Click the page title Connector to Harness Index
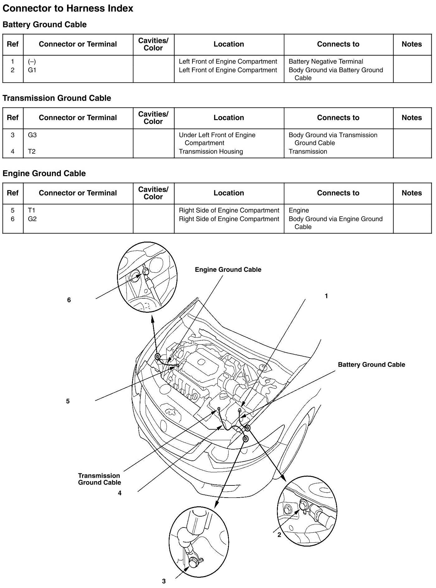pyautogui.click(x=68, y=8)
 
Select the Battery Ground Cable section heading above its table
pyautogui.click(x=45, y=25)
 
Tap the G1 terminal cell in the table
pyautogui.click(x=32, y=70)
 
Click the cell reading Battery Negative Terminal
pyautogui.click(x=326, y=61)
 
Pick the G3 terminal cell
pyautogui.click(x=32, y=135)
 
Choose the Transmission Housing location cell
pyautogui.click(x=211, y=152)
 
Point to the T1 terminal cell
pyautogui.click(x=31, y=210)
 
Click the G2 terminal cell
pyautogui.click(x=32, y=219)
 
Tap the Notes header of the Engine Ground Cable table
pyautogui.click(x=412, y=193)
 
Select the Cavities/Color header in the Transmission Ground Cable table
pyautogui.click(x=153, y=118)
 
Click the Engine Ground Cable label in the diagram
pyautogui.click(x=228, y=270)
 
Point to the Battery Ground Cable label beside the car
pyautogui.click(x=371, y=365)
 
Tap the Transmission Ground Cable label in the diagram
pyautogui.click(x=99, y=479)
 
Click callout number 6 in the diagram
pyautogui.click(x=69, y=300)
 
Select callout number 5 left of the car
pyautogui.click(x=68, y=401)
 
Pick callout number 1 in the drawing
pyautogui.click(x=326, y=296)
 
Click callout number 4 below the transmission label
pyautogui.click(x=119, y=493)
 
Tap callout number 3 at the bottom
pyautogui.click(x=164, y=581)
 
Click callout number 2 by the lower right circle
pyautogui.click(x=279, y=535)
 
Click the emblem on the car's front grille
pyautogui.click(x=170, y=412)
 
